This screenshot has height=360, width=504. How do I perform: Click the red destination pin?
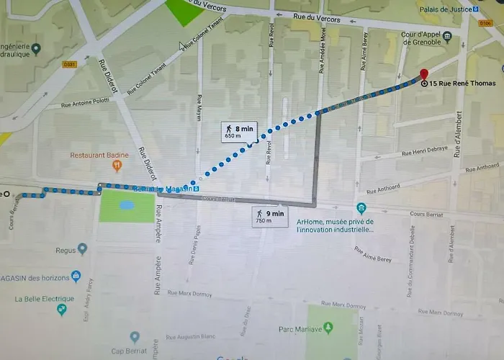pyautogui.click(x=423, y=74)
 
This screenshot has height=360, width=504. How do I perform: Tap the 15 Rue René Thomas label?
pyautogui.click(x=464, y=84)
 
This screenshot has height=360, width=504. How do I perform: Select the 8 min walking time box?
pyautogui.click(x=239, y=131)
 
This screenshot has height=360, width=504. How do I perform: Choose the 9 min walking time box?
pyautogui.click(x=269, y=215)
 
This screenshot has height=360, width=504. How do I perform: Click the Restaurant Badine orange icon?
pyautogui.click(x=117, y=166)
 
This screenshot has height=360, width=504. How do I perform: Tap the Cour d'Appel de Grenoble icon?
pyautogui.click(x=447, y=36)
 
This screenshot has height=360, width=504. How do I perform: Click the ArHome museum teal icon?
pyautogui.click(x=361, y=209)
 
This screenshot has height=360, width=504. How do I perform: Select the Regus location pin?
pyautogui.click(x=83, y=249)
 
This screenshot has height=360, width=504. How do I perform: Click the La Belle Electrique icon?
pyautogui.click(x=62, y=310)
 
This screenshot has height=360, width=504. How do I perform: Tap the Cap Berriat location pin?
pyautogui.click(x=135, y=337)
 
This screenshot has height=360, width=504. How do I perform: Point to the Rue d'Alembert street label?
pyautogui.click(x=456, y=134)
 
